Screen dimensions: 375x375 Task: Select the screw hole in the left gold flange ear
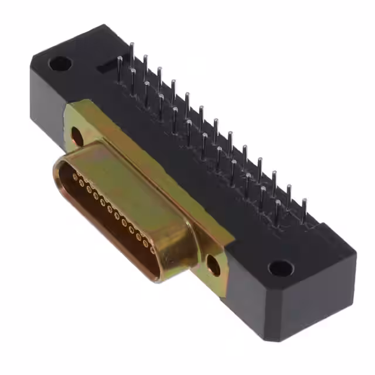click(x=77, y=137)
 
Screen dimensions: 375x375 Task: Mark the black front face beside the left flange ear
click(x=47, y=111)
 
